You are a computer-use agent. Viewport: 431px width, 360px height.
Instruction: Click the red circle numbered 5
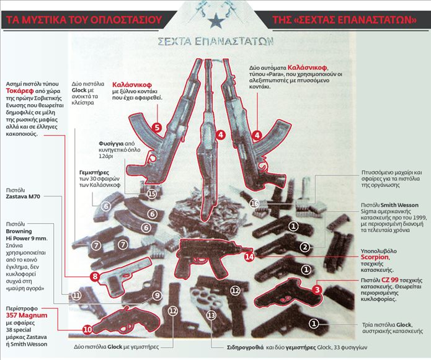pyautogui.click(x=158, y=128)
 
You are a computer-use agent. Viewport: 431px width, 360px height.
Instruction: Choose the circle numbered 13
pyautogui.click(x=211, y=315)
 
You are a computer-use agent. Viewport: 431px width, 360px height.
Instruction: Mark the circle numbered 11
pyautogui.click(x=76, y=296)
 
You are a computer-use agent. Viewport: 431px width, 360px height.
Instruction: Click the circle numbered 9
pyautogui.click(x=157, y=296)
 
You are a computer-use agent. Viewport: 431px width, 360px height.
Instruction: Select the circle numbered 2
pyautogui.click(x=304, y=247)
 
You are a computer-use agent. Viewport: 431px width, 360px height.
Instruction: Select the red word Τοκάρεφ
pyautogui.click(x=20, y=89)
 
